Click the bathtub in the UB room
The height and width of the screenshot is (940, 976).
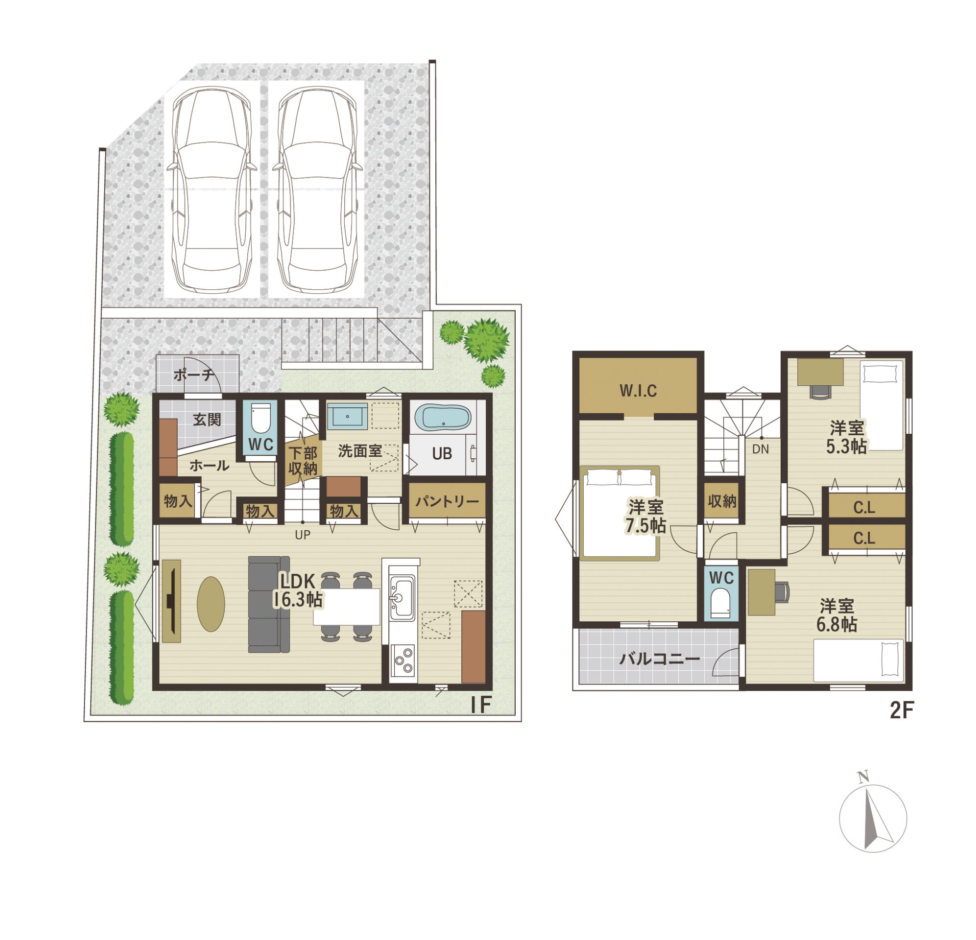[x=443, y=417]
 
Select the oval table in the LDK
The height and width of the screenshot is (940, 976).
[x=211, y=604]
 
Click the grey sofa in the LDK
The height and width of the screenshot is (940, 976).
[x=269, y=604]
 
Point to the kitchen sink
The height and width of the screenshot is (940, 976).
[x=402, y=597]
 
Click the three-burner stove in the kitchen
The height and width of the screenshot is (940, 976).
[x=403, y=660]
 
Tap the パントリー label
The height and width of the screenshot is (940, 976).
[x=447, y=501]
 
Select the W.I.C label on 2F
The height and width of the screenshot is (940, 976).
[x=638, y=391]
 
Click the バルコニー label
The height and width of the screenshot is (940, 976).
[x=660, y=659]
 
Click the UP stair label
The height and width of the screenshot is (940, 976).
[x=303, y=535]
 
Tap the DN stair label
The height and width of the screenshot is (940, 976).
[x=761, y=449]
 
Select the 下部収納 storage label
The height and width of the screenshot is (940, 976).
[x=303, y=461]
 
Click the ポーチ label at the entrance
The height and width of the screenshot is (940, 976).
[x=194, y=375]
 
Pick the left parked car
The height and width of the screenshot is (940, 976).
[x=212, y=189]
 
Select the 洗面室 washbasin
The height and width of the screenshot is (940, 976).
[x=348, y=416]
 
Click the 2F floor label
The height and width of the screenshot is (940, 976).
[x=901, y=710]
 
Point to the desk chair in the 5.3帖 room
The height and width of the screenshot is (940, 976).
[x=821, y=392]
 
